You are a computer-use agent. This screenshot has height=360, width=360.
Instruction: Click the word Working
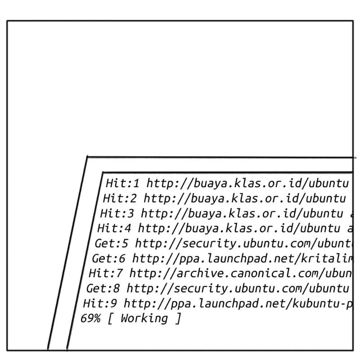pos(144,319)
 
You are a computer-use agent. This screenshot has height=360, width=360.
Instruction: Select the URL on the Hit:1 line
pos(248,184)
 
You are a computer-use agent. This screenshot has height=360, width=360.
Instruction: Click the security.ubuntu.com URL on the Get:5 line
pos(243,243)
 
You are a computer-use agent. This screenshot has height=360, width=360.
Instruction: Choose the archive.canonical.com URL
pos(241,273)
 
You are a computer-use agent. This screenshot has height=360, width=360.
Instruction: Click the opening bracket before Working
pos(111,319)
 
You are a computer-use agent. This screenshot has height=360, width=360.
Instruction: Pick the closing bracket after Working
pos(178,319)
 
